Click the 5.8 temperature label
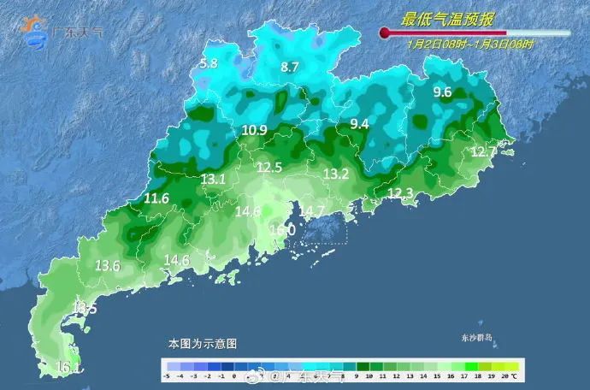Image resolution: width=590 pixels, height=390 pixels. click(x=209, y=63)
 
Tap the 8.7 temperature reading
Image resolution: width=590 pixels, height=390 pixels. click(x=290, y=67)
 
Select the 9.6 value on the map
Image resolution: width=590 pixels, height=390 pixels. click(x=442, y=92)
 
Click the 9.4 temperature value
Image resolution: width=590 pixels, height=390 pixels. click(x=359, y=124)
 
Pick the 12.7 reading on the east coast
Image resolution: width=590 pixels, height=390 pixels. click(x=484, y=151)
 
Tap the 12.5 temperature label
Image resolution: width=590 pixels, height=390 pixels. click(x=269, y=167)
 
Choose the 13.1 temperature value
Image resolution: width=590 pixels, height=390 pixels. click(x=213, y=179)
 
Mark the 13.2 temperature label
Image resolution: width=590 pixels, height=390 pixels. click(x=336, y=174)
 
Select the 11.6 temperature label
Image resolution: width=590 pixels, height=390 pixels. click(x=156, y=198)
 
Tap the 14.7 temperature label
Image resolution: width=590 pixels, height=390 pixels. click(x=311, y=210)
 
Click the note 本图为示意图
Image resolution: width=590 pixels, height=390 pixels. click(x=202, y=343)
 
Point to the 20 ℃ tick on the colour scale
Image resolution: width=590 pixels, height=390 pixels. click(x=504, y=375)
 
